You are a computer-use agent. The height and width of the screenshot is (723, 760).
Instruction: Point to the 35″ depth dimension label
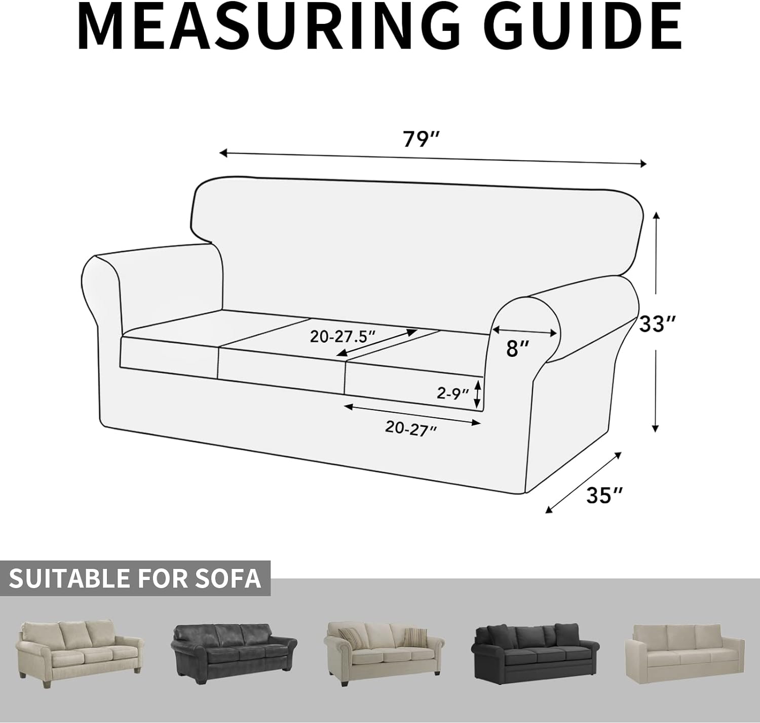tap(604, 495)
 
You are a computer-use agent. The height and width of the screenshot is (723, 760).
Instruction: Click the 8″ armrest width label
tap(517, 348)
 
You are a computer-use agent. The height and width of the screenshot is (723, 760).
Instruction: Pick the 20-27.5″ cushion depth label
tap(343, 336)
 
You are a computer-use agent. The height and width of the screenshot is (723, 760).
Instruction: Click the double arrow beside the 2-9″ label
tap(477, 394)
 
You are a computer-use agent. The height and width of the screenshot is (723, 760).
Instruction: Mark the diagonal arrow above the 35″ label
tap(583, 482)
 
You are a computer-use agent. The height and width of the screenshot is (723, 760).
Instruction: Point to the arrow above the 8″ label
tap(525, 332)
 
